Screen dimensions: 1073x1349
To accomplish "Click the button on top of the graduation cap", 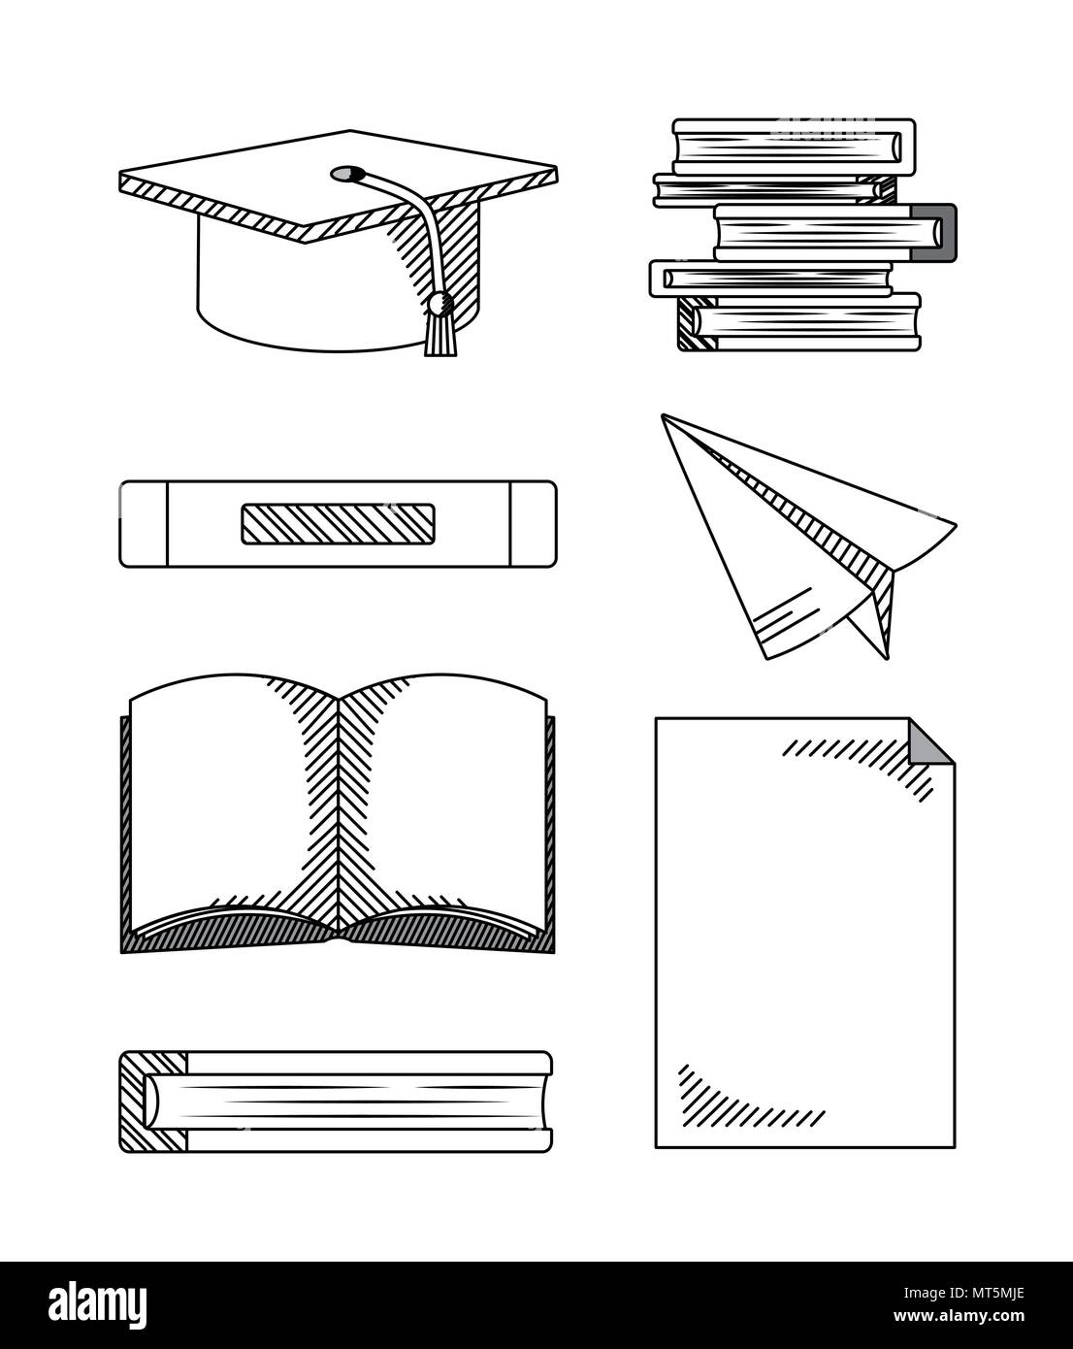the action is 347,173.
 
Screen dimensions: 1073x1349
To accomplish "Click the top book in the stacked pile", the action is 795,147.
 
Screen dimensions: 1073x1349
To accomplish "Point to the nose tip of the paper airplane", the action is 663,415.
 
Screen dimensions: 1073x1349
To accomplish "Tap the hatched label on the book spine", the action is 339,523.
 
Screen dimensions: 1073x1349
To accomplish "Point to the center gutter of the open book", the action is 339,815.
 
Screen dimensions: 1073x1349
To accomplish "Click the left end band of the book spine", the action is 144,524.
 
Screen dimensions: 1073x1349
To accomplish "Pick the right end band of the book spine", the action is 534,524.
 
